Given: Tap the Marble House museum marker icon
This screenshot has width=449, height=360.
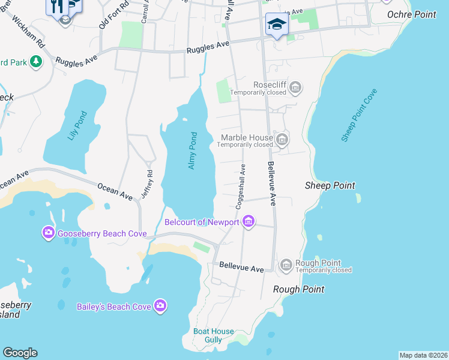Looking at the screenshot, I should [282, 140].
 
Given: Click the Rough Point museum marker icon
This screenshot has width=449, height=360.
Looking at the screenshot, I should [286, 265].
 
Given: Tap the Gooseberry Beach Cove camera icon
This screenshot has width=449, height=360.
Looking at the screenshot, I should [48, 233].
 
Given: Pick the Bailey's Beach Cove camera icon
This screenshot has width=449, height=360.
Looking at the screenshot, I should [160, 306].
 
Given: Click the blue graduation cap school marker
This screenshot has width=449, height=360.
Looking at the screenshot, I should [277, 25].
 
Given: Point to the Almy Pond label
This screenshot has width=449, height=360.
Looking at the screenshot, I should [193, 150].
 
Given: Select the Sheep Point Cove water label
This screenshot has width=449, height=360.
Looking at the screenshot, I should [359, 115].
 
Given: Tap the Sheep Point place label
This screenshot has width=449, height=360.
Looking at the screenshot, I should [330, 185].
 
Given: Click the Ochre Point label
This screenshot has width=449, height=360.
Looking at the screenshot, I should [412, 14].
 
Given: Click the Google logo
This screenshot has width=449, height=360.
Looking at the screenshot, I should [20, 353].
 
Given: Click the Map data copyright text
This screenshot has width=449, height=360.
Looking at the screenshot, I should [423, 355].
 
